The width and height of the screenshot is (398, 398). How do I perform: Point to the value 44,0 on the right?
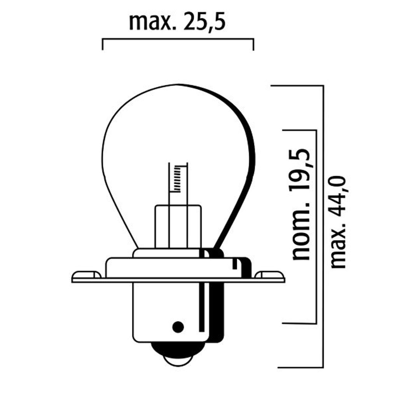coord(338,195)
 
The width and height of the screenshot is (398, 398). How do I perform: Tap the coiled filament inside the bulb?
coord(178,179)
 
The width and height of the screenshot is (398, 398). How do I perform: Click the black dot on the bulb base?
coord(178,326)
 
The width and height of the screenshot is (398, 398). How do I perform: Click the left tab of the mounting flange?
coord(86,275)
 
